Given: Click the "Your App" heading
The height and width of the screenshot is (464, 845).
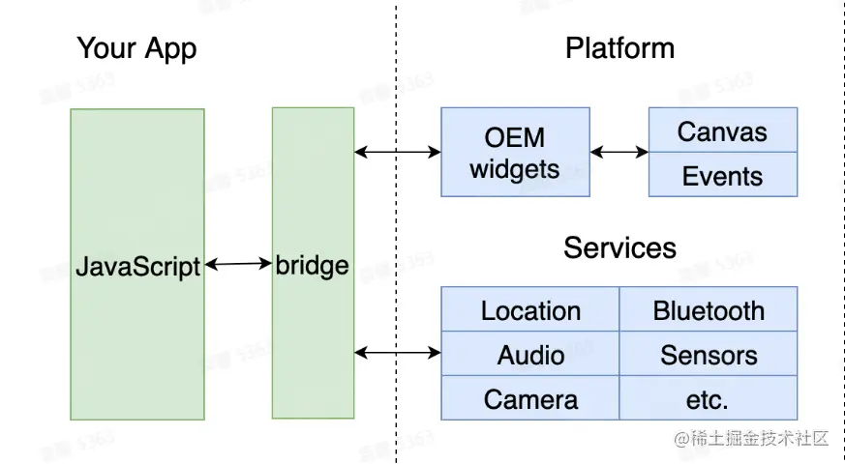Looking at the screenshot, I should (136, 48).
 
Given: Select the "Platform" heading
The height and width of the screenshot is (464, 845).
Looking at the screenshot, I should (619, 48).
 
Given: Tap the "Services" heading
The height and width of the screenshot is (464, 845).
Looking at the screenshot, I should (619, 247).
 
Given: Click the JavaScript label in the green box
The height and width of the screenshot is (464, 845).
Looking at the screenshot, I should (137, 266).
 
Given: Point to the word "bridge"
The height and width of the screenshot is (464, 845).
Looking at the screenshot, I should (312, 264).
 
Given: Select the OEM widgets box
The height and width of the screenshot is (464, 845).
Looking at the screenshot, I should (515, 152).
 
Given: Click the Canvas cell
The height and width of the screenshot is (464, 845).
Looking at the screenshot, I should (722, 130).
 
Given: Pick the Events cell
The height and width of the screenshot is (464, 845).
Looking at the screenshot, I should (722, 176).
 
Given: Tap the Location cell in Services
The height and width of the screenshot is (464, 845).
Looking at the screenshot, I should (530, 310).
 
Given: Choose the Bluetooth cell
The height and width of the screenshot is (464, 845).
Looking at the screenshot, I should (709, 310).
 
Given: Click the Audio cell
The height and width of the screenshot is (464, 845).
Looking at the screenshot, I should (530, 355).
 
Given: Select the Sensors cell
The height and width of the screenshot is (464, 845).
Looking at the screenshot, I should (709, 355).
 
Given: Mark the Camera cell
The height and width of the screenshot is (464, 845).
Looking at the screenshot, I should (530, 398).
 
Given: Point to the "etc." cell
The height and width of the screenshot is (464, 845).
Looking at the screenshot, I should (709, 398).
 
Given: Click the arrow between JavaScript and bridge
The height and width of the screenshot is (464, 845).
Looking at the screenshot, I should (238, 263).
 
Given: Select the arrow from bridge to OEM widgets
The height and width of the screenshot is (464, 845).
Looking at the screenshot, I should (398, 152).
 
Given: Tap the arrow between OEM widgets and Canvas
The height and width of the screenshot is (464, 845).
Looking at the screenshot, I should (619, 152).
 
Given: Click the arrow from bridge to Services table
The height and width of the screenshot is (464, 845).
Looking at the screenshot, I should (398, 353).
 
